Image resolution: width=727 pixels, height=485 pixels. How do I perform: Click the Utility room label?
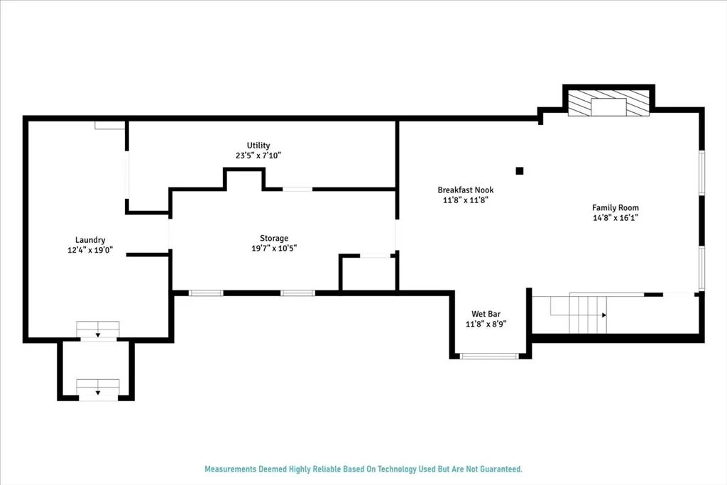coord(258,146)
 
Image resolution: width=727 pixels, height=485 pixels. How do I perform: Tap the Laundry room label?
coord(90,240)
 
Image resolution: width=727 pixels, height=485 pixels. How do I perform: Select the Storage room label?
coord(273,239)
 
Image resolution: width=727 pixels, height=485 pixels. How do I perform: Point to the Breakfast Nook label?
coord(466,190)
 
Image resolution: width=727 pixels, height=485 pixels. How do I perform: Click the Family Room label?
coord(616,208)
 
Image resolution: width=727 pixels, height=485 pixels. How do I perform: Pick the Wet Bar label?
coord(486,314)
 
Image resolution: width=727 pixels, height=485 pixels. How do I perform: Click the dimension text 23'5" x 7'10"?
coord(258,156)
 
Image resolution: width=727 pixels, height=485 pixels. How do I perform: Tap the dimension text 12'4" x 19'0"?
coord(90,251)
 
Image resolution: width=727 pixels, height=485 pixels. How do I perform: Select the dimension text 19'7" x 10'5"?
coord(274,249)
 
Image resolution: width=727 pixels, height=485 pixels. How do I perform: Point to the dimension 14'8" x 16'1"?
coord(616,218)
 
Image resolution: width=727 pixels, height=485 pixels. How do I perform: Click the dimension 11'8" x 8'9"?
coord(486,324)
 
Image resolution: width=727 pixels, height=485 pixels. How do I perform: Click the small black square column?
coord(520,170)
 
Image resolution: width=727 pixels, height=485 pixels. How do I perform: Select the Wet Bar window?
coord(488,356)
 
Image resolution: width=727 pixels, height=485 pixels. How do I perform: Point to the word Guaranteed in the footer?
coord(501,469)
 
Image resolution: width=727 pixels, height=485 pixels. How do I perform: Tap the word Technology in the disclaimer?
coord(398,469)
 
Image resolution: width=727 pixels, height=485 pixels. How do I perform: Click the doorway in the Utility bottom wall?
coord(297,189)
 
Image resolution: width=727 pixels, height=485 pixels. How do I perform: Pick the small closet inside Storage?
coord(368,273)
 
